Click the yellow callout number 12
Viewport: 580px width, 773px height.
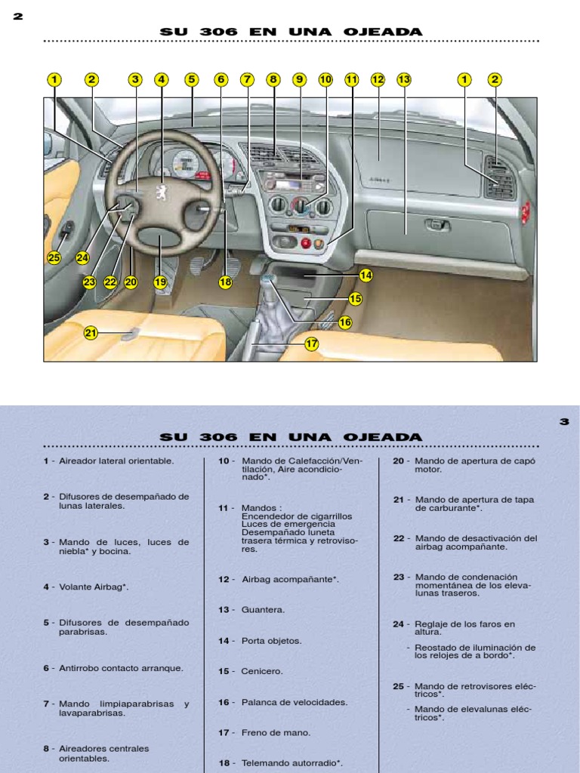click(x=378, y=79)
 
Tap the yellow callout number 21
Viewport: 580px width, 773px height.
click(x=91, y=332)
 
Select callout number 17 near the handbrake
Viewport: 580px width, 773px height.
click(x=312, y=343)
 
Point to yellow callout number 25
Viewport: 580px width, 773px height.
click(x=54, y=257)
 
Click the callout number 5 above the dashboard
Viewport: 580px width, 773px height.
click(x=191, y=79)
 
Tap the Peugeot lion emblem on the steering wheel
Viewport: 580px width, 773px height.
click(x=161, y=191)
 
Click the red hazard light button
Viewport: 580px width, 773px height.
click(x=307, y=243)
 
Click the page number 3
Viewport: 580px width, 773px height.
click(x=563, y=422)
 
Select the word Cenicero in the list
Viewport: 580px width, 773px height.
click(x=262, y=671)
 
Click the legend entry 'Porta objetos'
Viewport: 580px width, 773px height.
click(x=271, y=641)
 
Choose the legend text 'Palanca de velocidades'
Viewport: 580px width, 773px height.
click(x=295, y=702)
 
